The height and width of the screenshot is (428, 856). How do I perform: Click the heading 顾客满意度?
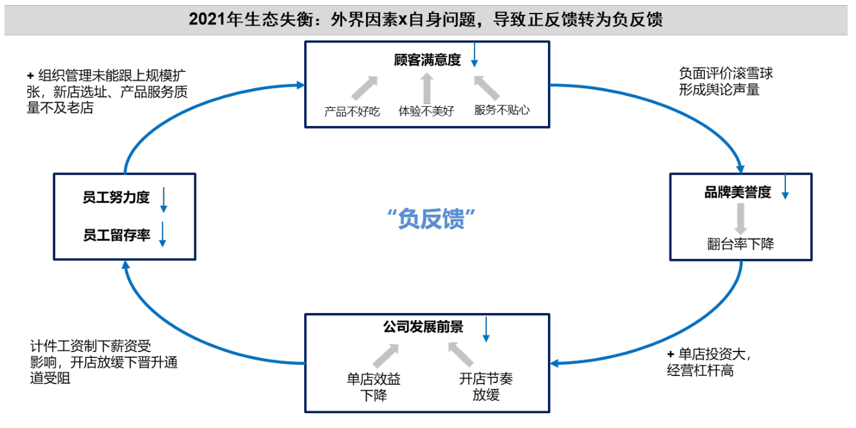[x=427, y=61]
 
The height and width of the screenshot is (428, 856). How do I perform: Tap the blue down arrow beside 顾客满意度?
[x=475, y=55]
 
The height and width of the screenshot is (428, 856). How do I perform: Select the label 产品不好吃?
[x=352, y=111]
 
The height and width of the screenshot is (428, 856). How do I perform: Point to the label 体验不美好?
[x=426, y=111]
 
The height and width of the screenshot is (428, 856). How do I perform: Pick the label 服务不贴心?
[x=502, y=110]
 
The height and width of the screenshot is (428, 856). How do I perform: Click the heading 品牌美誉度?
[x=737, y=192]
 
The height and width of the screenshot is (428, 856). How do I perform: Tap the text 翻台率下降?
[x=740, y=244]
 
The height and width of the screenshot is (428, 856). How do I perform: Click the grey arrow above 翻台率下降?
[x=741, y=218]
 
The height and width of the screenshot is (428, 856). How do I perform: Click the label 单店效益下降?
[x=373, y=387]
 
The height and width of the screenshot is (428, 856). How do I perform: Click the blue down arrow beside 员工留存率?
[x=163, y=235]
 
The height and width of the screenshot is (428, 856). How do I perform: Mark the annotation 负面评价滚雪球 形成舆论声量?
[x=725, y=82]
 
